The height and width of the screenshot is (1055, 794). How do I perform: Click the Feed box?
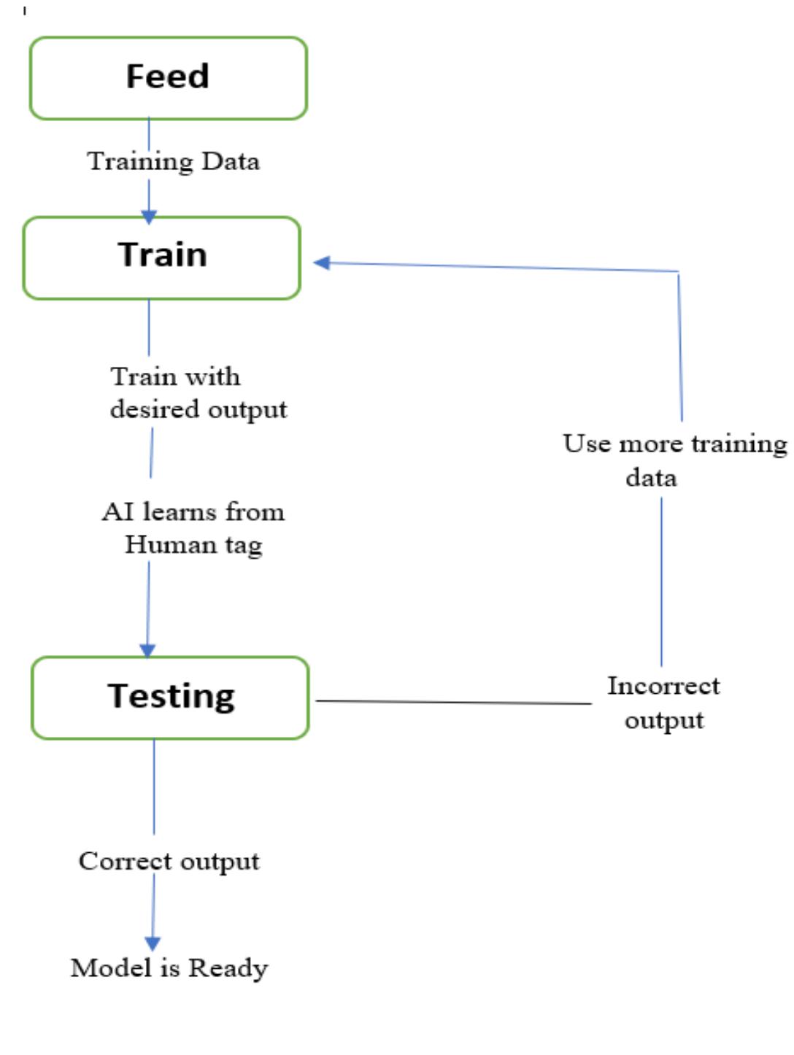pyautogui.click(x=168, y=78)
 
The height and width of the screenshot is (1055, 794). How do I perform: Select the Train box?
pyautogui.click(x=162, y=258)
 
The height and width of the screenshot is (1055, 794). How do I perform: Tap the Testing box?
pyautogui.click(x=170, y=697)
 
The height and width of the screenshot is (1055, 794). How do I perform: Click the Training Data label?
pyautogui.click(x=173, y=161)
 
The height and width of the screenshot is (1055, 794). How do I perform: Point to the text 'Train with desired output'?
pyautogui.click(x=198, y=393)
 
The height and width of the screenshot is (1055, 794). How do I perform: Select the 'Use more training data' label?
pyautogui.click(x=674, y=460)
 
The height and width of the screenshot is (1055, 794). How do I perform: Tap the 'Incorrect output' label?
pyautogui.click(x=663, y=703)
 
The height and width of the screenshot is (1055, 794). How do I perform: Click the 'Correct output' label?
pyautogui.click(x=169, y=862)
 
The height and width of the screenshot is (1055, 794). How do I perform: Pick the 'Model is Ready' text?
pyautogui.click(x=169, y=968)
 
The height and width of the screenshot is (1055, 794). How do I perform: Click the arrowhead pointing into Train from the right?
pyautogui.click(x=322, y=263)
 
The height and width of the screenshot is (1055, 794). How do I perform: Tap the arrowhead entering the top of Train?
pyautogui.click(x=149, y=217)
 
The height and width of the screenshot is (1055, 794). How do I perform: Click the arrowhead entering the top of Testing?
pyautogui.click(x=147, y=650)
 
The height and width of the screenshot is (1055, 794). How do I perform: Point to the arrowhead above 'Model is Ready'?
pyautogui.click(x=153, y=943)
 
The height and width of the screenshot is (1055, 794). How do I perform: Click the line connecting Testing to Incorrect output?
pyautogui.click(x=452, y=702)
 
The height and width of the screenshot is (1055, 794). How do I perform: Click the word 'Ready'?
pyautogui.click(x=228, y=969)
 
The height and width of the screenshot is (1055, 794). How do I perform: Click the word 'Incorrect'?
pyautogui.click(x=663, y=686)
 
